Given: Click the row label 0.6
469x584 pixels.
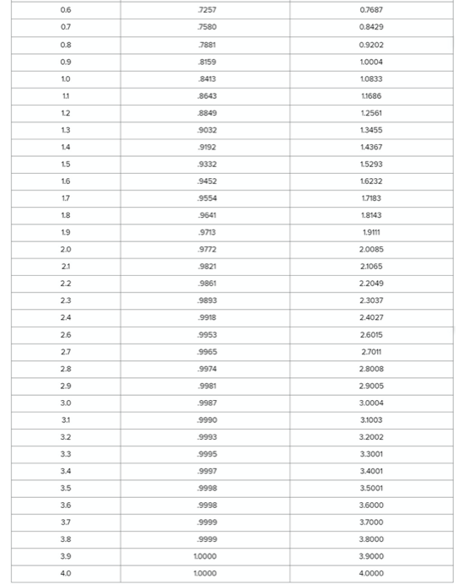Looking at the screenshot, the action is pyautogui.click(x=65, y=9).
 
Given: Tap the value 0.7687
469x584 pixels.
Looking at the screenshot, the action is pyautogui.click(x=371, y=9).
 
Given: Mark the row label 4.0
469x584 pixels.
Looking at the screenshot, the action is pyautogui.click(x=65, y=572).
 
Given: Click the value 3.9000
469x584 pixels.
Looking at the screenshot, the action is pyautogui.click(x=371, y=554).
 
